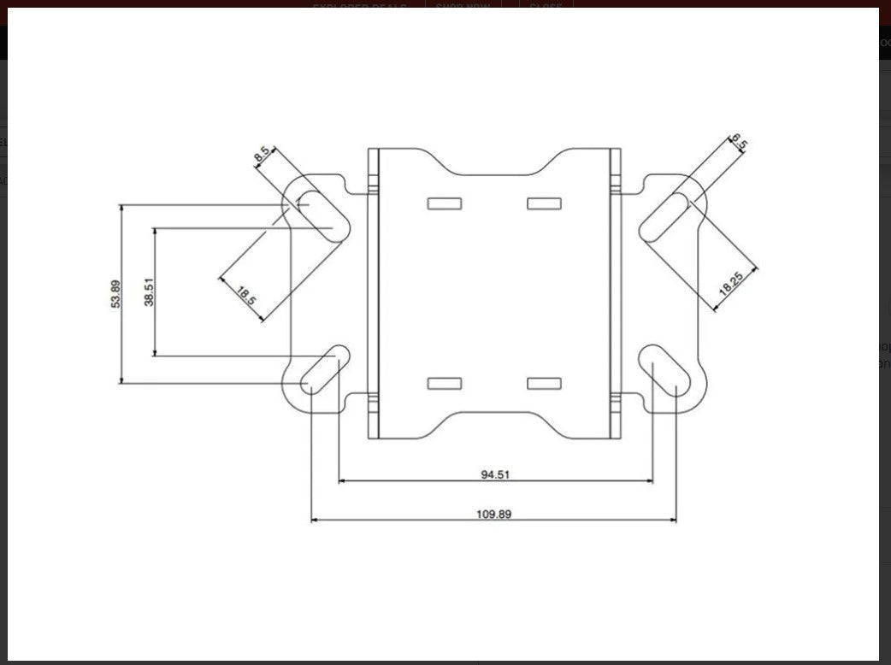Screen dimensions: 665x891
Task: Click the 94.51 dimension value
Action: pyautogui.click(x=495, y=473)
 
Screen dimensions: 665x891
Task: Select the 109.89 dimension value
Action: pyautogui.click(x=493, y=514)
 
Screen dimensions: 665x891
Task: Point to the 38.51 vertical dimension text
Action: pyautogui.click(x=149, y=291)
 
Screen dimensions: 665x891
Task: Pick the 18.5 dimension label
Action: pyautogui.click(x=245, y=296)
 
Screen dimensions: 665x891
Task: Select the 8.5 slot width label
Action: pyautogui.click(x=263, y=154)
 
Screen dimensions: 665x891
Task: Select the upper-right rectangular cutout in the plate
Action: pyautogui.click(x=544, y=203)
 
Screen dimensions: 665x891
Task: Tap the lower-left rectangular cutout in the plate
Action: pyautogui.click(x=445, y=383)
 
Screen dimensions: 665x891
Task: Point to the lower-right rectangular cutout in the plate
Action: pyautogui.click(x=544, y=383)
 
